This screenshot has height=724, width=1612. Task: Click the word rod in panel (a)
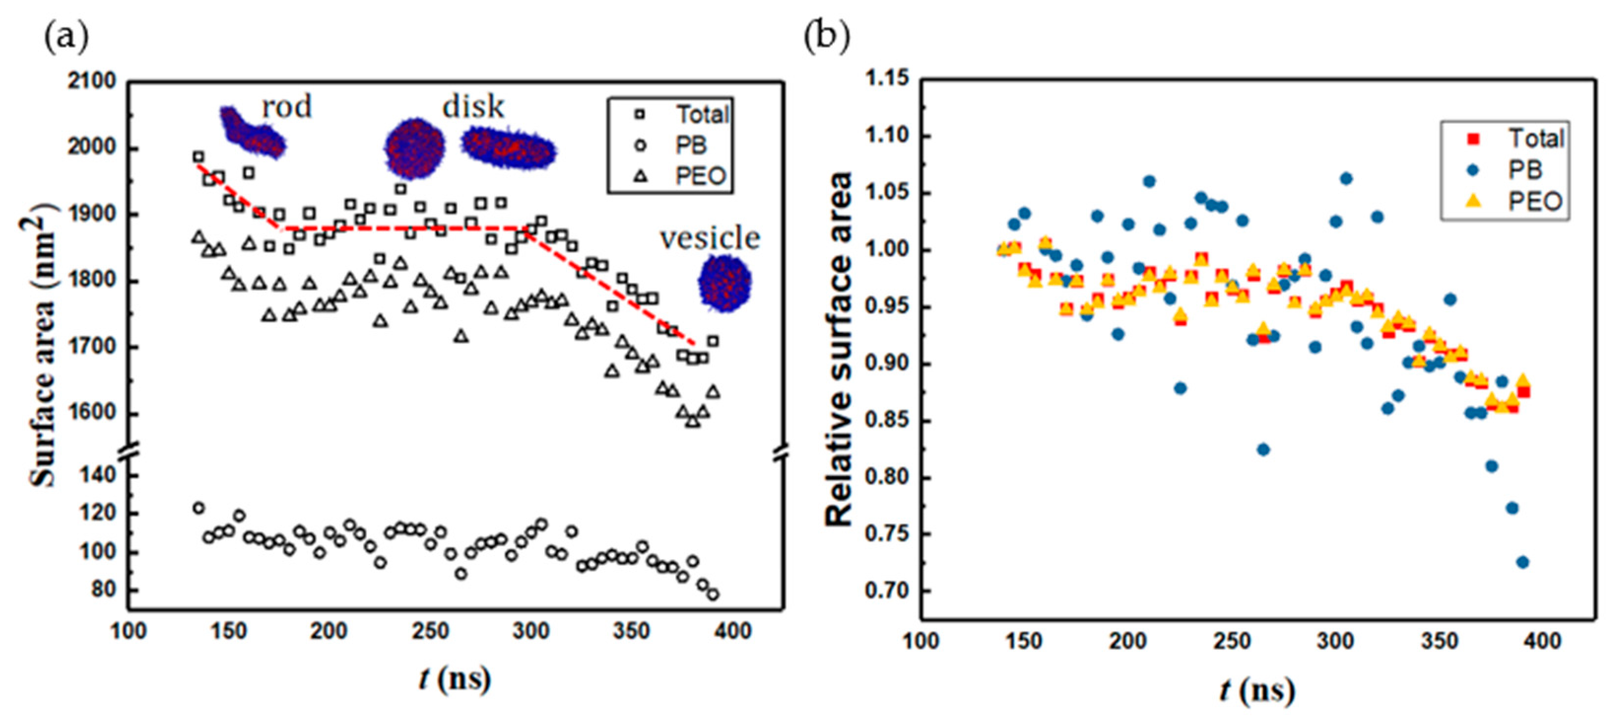(287, 107)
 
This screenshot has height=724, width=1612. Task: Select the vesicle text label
(710, 238)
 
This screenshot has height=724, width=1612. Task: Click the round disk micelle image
(414, 148)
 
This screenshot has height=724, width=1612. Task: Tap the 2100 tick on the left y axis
(92, 81)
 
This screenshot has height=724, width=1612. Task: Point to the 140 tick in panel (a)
(98, 475)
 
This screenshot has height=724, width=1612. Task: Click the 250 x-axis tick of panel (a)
(430, 631)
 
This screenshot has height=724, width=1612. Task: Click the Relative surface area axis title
(839, 350)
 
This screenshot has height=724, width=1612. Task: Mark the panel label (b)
(826, 37)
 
